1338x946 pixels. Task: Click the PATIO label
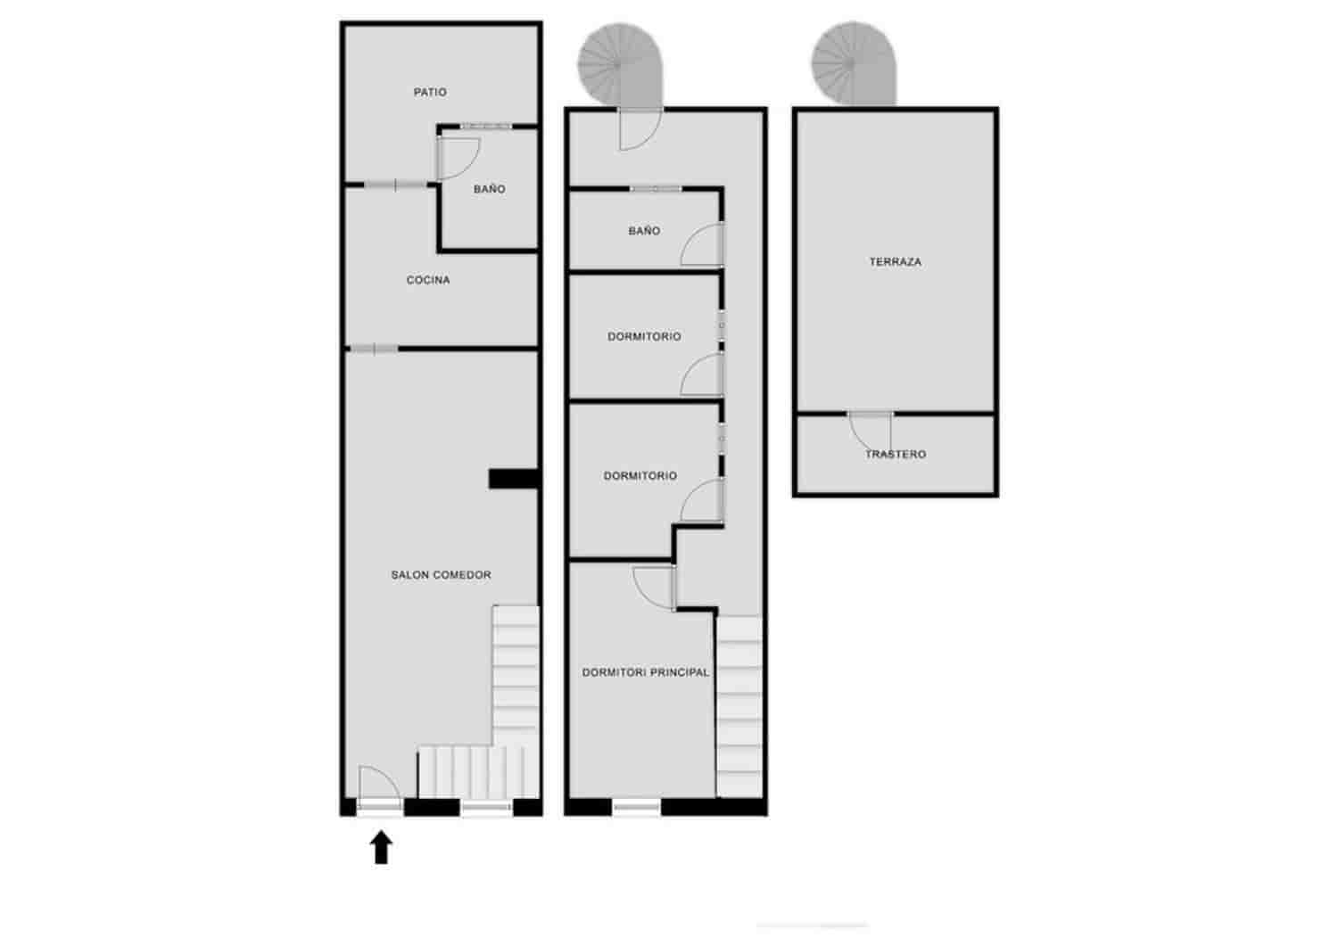coord(430,92)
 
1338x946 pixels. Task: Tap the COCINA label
coord(428,279)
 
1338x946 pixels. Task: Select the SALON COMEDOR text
coord(441,574)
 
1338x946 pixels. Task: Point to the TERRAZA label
coord(896,261)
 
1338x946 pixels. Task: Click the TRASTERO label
coord(896,454)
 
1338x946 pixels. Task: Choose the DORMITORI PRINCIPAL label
coord(646,672)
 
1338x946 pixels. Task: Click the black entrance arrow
coord(381,847)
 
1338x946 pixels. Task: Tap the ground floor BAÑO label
coord(489,189)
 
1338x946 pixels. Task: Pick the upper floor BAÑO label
coord(644,231)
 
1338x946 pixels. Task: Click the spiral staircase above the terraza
coord(855,63)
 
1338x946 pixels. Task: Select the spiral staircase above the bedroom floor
coord(621,64)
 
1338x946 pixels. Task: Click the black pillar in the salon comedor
coord(515,479)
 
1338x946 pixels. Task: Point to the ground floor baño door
coord(458,159)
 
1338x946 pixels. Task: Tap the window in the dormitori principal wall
coord(637,807)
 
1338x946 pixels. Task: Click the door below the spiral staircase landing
coord(641,129)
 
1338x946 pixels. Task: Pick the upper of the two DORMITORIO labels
coord(644,337)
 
